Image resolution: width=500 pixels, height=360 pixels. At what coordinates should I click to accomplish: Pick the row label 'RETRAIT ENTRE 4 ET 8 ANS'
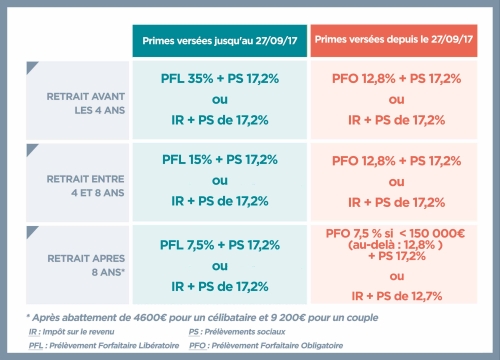(78, 184)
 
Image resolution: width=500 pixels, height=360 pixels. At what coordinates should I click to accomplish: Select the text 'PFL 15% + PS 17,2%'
(214, 158)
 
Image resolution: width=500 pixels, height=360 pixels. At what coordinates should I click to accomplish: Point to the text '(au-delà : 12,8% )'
(396, 245)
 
